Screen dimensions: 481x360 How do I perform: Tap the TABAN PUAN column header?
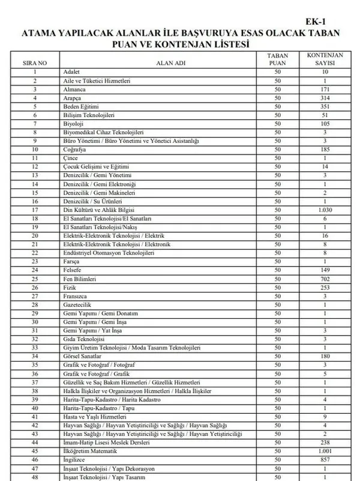click(x=277, y=59)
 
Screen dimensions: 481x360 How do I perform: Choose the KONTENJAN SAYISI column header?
click(x=325, y=59)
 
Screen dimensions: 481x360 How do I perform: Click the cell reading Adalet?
click(x=71, y=72)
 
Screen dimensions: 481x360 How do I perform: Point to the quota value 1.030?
click(x=325, y=211)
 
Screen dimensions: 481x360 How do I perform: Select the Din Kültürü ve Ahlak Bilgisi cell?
click(x=98, y=211)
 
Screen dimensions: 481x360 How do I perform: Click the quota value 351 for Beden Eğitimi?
click(x=325, y=106)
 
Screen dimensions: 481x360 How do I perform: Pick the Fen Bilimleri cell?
click(x=80, y=280)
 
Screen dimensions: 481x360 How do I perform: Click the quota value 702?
click(x=325, y=280)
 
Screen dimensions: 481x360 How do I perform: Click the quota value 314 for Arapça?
click(x=325, y=98)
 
